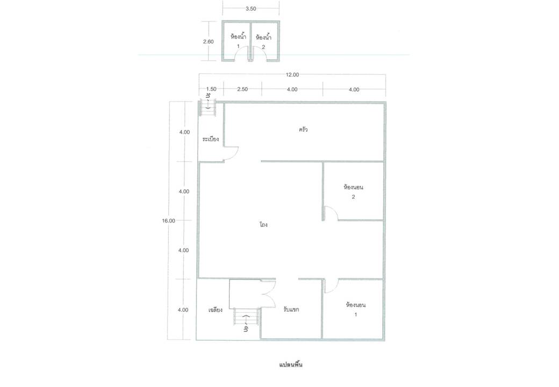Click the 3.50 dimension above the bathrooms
point(250,9)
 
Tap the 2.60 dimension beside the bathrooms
point(208,42)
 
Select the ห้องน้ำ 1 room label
point(238,41)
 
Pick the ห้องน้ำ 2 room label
point(263,41)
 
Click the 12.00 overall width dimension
point(292,75)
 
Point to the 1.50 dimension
point(211,89)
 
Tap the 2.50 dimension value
point(242,89)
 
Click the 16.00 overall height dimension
point(169,220)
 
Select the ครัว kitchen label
point(303,130)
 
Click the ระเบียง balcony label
point(210,139)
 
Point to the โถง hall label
point(264,225)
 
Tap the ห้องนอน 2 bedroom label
point(353,192)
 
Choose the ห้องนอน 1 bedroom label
point(355,309)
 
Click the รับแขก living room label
point(291,309)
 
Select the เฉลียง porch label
point(216,310)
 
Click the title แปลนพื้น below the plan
point(291,364)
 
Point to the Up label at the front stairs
point(246,328)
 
